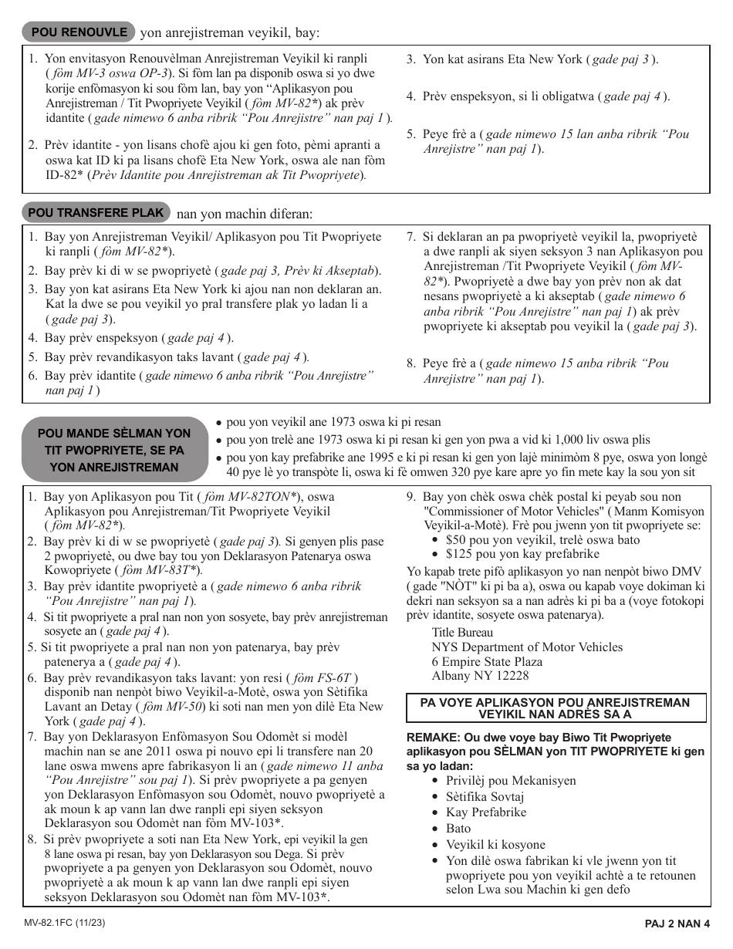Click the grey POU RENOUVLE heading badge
click(78, 32)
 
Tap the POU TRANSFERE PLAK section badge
click(96, 212)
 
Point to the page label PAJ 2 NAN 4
click(677, 924)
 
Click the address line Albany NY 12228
click(480, 676)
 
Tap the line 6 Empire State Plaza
click(486, 661)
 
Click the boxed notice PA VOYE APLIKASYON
click(555, 708)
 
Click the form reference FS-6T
click(333, 678)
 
